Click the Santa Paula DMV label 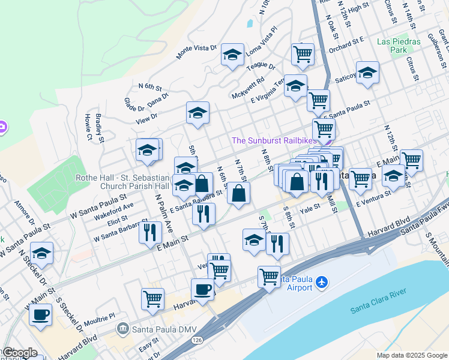[x=155, y=329]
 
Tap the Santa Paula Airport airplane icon [x=322, y=281]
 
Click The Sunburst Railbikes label [x=273, y=140]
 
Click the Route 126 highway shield [x=197, y=339]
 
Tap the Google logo [x=19, y=353]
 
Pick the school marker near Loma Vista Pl [x=232, y=55]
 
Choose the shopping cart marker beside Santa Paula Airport [x=269, y=277]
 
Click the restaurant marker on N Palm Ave [x=149, y=232]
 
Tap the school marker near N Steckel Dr [x=41, y=254]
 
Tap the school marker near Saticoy [x=367, y=73]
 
